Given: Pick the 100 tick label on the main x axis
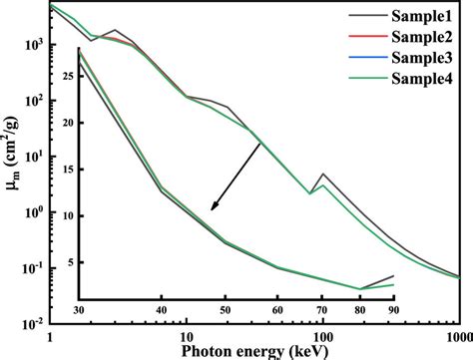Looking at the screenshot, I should [323, 335].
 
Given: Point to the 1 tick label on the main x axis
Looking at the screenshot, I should [48, 335].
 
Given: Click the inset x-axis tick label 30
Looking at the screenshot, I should [78, 310].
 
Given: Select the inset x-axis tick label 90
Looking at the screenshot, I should [394, 310].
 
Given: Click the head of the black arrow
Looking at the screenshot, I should [211, 211].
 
